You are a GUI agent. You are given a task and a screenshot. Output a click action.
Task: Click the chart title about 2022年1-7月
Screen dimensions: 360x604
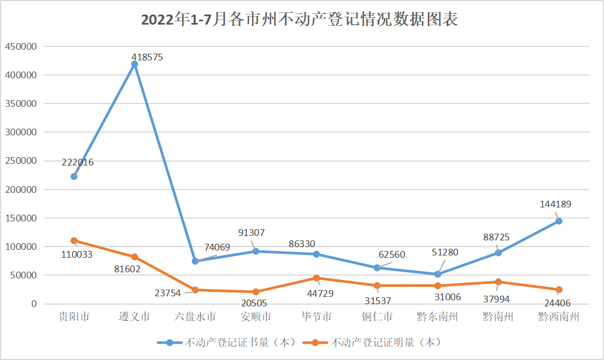tap(300, 20)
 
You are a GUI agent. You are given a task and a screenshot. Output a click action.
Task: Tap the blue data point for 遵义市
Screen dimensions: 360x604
tap(134, 64)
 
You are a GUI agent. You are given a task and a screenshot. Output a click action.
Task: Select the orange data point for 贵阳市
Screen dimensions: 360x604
tap(74, 240)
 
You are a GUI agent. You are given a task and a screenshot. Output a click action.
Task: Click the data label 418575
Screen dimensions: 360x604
tap(147, 57)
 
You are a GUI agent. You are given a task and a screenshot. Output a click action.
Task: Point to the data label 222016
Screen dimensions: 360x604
tap(78, 162)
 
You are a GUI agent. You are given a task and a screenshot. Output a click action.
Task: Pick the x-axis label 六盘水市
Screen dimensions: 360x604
tap(195, 317)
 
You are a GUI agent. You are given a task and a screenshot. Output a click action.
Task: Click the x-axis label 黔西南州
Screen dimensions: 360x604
tap(558, 317)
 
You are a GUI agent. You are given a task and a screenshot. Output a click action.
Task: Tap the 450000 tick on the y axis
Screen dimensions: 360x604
tap(21, 46)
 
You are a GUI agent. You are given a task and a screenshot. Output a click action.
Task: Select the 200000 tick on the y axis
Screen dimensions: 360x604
tap(21, 190)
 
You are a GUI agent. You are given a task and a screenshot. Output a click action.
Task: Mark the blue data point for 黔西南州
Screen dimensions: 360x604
tap(558, 221)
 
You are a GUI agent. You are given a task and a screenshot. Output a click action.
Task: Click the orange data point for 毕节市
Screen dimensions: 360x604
tap(316, 278)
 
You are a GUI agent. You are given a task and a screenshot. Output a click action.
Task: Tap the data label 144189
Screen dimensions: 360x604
tap(555, 204)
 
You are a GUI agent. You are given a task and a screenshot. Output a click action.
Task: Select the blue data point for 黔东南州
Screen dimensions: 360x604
tap(437, 274)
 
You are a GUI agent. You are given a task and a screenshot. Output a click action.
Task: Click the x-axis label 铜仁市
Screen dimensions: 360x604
tap(377, 317)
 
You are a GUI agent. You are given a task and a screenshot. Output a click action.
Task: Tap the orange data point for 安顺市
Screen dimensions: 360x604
tap(256, 292)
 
